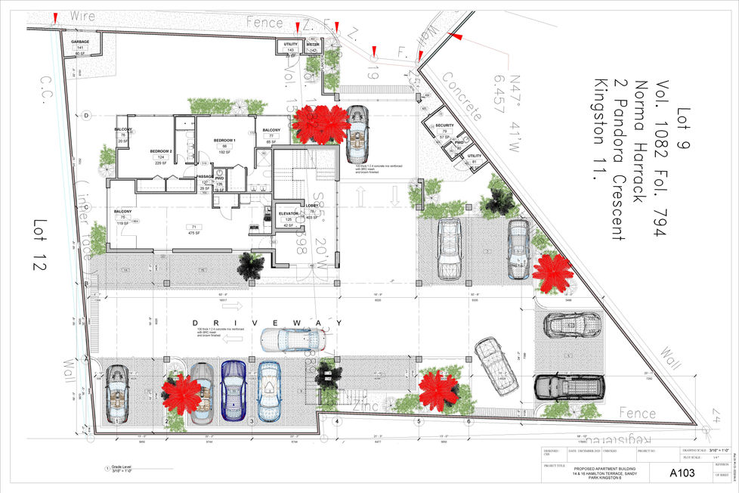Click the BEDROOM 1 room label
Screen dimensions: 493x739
tap(224, 141)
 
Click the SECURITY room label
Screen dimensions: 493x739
tap(444, 126)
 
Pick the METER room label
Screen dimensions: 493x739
tap(313, 45)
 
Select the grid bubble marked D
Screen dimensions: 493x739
tap(87, 116)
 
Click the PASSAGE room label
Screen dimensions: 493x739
tap(205, 176)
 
